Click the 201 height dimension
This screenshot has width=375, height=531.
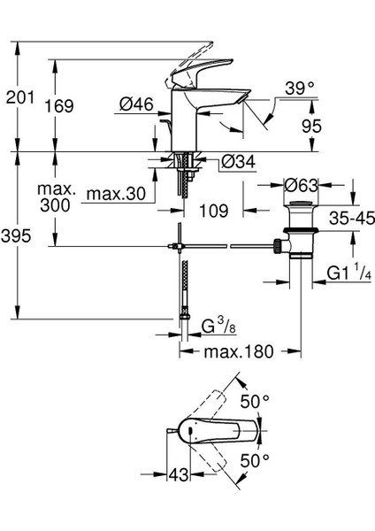click(x=20, y=97)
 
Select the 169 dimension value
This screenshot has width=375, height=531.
click(x=59, y=106)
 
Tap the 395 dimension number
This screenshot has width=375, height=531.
click(x=16, y=235)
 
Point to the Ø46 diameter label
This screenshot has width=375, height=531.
click(x=136, y=104)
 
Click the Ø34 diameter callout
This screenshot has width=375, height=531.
click(x=238, y=162)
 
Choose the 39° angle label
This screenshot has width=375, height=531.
click(x=300, y=88)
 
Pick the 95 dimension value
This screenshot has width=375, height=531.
click(x=311, y=126)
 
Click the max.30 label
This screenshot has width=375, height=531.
click(x=116, y=194)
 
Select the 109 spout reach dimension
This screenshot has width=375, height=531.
click(x=213, y=211)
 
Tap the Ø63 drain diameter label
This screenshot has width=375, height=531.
click(x=302, y=185)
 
